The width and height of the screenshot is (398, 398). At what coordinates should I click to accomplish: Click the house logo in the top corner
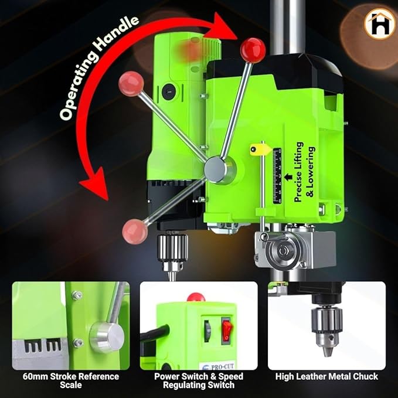(x=379, y=23)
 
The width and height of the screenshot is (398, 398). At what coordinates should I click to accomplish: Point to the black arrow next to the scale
(x=288, y=177)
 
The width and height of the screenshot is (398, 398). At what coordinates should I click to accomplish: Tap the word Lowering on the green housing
(x=311, y=172)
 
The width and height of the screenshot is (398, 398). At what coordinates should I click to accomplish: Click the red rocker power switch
(x=226, y=330)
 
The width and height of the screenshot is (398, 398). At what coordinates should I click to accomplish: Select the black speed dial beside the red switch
(x=207, y=331)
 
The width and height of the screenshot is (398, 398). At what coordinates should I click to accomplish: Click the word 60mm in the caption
(x=35, y=376)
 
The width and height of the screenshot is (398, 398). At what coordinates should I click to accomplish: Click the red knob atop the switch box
(x=196, y=297)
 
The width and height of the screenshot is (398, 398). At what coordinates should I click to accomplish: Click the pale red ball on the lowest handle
(x=134, y=232)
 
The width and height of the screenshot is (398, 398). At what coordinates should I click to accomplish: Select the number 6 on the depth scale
(x=280, y=201)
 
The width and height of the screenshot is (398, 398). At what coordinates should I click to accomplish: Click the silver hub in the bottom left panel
(x=107, y=337)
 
